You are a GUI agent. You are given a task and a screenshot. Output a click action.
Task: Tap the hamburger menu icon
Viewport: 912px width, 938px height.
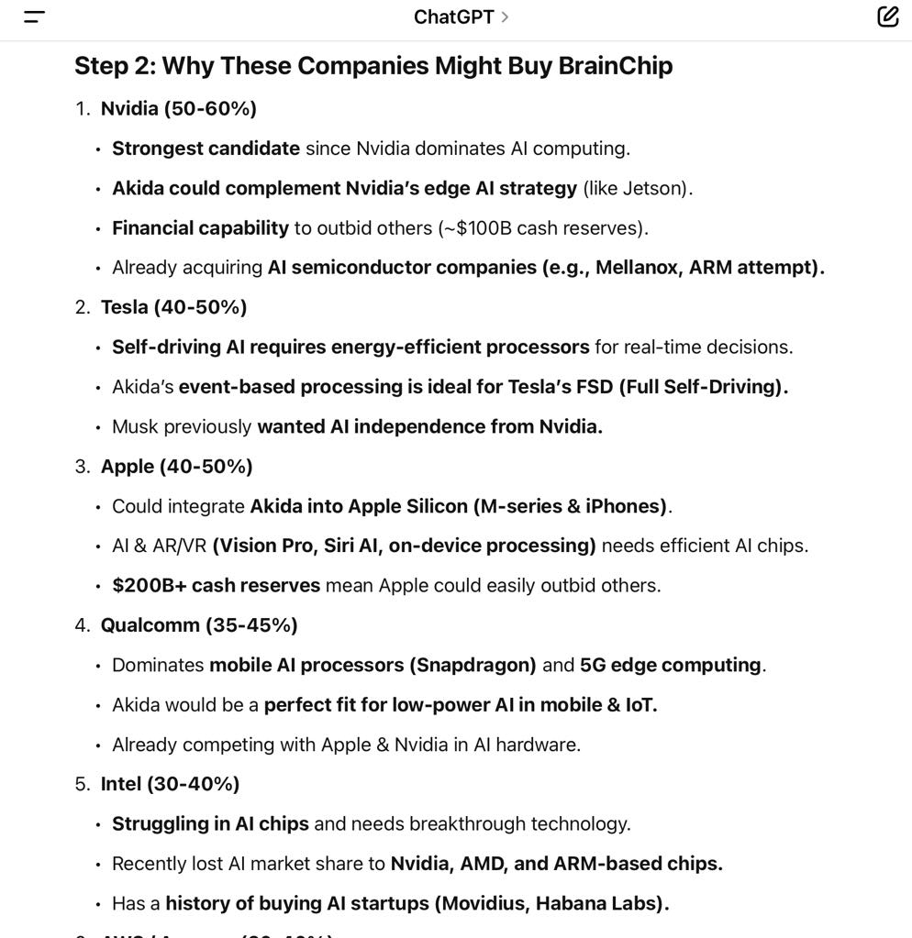(x=34, y=17)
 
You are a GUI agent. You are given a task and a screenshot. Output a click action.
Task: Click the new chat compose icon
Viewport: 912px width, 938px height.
(x=887, y=17)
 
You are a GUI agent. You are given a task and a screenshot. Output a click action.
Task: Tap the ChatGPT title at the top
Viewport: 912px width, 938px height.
(x=454, y=17)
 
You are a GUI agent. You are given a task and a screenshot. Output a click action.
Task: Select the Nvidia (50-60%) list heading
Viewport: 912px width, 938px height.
(x=178, y=109)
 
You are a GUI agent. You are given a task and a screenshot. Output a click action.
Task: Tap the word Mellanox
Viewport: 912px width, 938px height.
(x=638, y=268)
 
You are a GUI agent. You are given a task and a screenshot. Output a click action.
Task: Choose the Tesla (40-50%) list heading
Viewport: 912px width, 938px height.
(x=173, y=307)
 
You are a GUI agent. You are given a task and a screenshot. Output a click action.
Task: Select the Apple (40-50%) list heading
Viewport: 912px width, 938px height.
(x=176, y=467)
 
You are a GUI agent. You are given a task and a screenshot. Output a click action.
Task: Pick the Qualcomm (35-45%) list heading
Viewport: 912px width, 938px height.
(x=199, y=625)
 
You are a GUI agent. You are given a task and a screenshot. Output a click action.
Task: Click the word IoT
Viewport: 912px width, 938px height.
(x=639, y=705)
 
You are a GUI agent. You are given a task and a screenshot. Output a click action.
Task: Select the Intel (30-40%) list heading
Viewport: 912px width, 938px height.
(x=170, y=784)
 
